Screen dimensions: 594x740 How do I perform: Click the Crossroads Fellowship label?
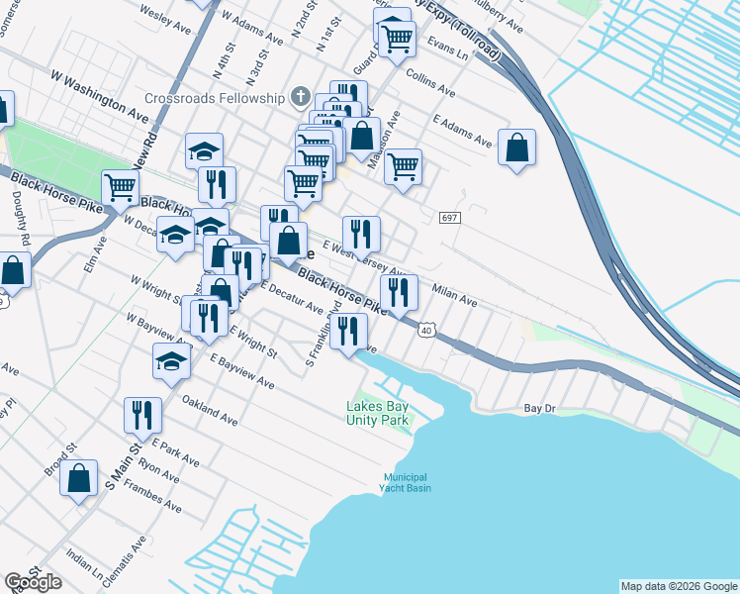(x=215, y=98)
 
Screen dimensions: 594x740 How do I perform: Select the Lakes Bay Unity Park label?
(x=378, y=413)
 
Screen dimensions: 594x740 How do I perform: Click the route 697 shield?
(x=448, y=218)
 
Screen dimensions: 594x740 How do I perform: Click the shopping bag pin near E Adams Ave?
(x=516, y=148)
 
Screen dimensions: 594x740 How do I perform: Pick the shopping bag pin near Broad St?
(x=78, y=478)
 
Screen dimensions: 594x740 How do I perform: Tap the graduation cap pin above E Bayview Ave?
(x=172, y=361)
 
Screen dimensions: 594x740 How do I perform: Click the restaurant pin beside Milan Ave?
(x=399, y=291)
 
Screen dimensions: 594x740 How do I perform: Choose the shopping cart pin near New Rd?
(x=120, y=186)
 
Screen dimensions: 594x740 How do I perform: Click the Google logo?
(x=33, y=582)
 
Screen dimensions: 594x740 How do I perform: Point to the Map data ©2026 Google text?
(x=679, y=585)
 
